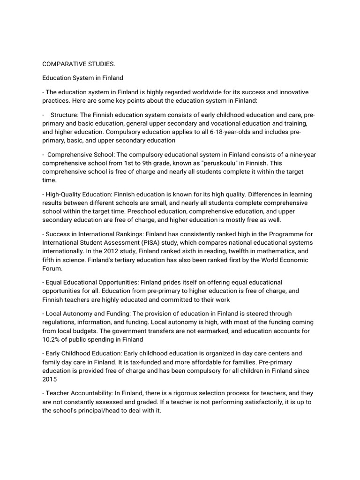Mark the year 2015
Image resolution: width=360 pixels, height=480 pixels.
[50, 379]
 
